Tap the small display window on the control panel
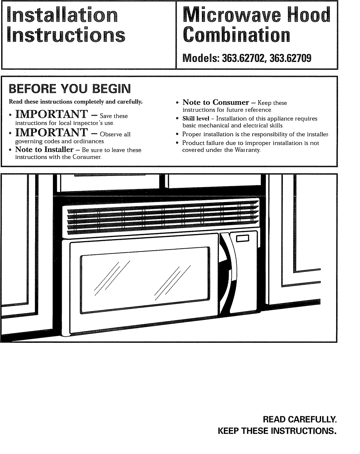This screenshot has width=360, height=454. pyautogui.click(x=243, y=238)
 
